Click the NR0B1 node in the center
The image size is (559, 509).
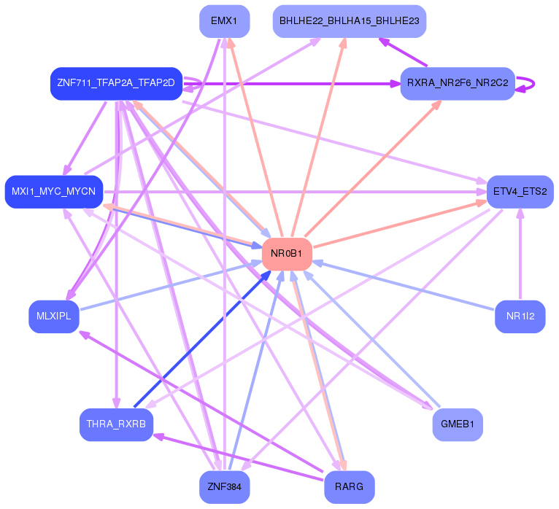[x=287, y=254]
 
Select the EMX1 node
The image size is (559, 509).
[x=224, y=21]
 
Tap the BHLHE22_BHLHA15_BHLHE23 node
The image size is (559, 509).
[x=350, y=21]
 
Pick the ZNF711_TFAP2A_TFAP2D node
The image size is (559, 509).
[x=116, y=83]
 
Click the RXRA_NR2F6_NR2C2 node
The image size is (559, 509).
[x=458, y=83]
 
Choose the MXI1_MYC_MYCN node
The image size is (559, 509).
[x=54, y=192]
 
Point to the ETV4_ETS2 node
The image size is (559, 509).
[x=520, y=192]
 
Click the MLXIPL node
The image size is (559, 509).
[x=54, y=316]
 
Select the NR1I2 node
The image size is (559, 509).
[x=520, y=316]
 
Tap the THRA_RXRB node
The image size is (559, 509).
[x=116, y=424]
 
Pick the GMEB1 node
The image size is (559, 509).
[x=458, y=424]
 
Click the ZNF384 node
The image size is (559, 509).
[x=224, y=487]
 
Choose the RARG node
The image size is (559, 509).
[x=350, y=487]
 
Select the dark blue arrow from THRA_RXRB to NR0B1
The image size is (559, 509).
[x=202, y=339]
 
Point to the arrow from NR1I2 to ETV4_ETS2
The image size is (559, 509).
[x=520, y=254]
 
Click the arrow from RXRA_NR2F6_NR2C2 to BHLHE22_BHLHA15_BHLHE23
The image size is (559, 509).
[x=403, y=52]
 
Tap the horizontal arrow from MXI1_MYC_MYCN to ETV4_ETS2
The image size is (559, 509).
[x=295, y=192]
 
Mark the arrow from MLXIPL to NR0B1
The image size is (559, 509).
[x=171, y=286]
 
